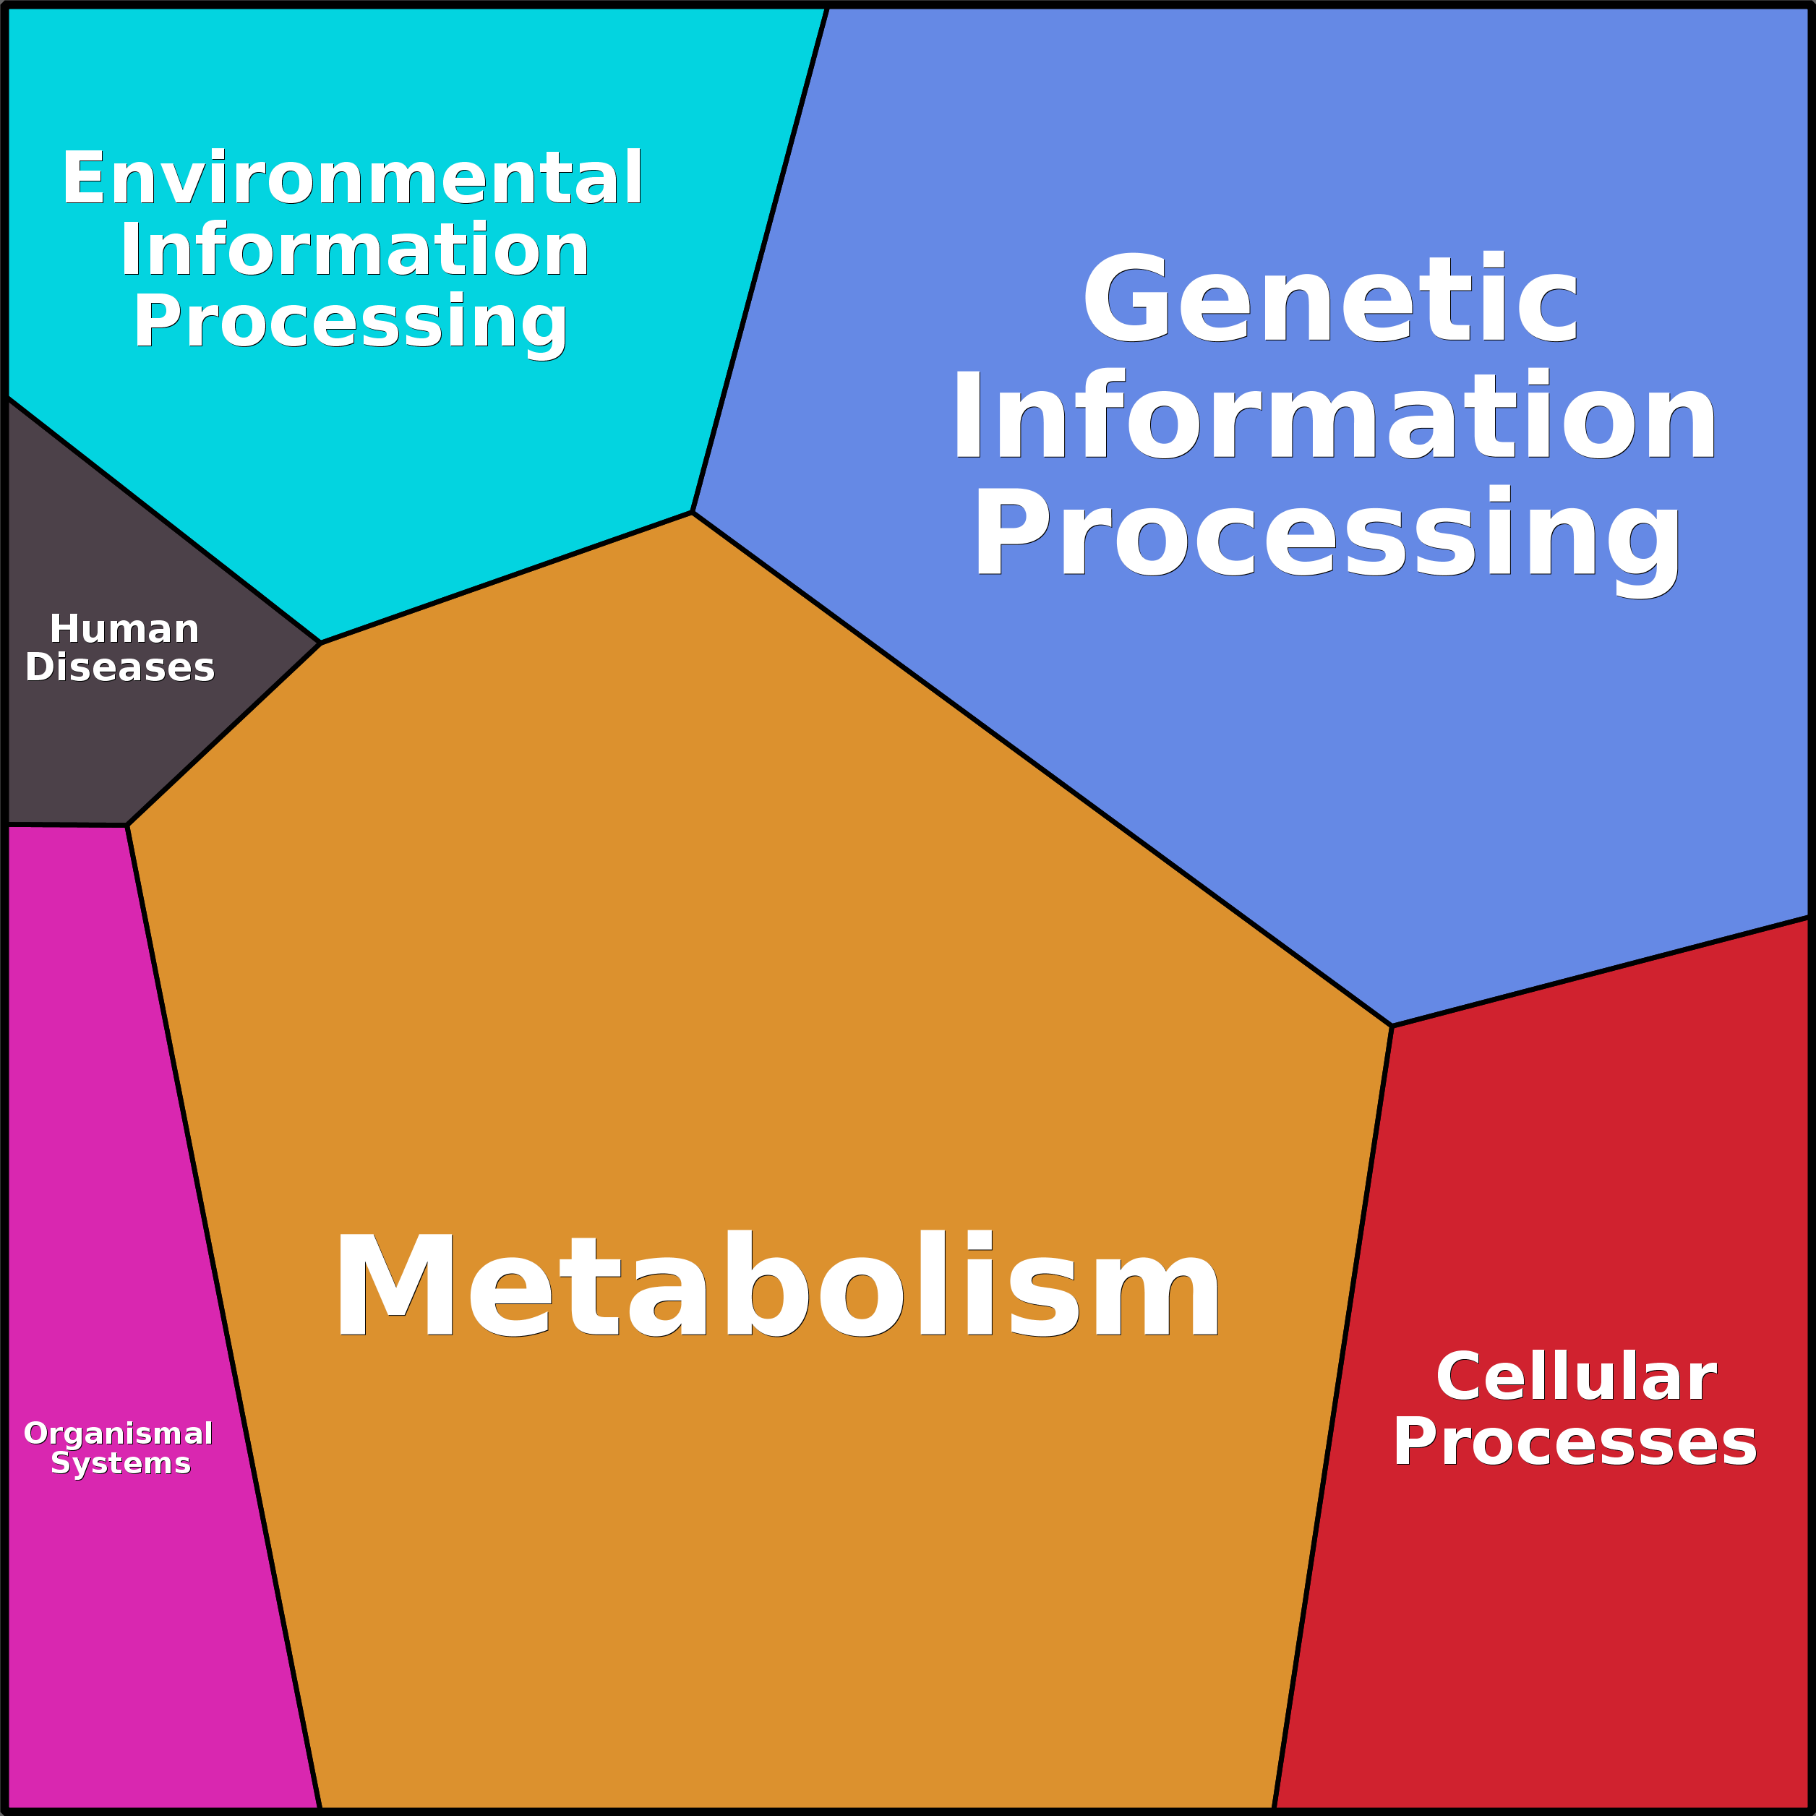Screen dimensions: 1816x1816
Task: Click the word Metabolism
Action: click(x=776, y=1284)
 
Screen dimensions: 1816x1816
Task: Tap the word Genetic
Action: click(x=1330, y=299)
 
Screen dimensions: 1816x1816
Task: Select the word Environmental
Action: click(x=353, y=178)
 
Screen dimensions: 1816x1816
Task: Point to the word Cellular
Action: click(x=1575, y=1377)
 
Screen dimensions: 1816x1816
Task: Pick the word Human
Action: click(x=124, y=629)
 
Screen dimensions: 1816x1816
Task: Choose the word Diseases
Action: click(x=120, y=667)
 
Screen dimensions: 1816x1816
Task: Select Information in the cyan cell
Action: click(x=354, y=250)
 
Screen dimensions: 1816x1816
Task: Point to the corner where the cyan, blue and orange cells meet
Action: click(x=693, y=513)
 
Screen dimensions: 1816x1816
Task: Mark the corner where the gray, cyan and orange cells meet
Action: click(x=320, y=643)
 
